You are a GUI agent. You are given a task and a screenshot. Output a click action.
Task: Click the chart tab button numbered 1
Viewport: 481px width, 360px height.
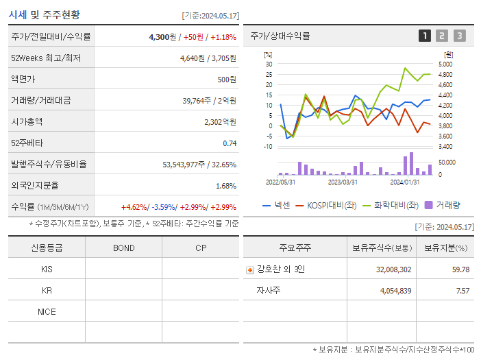[425, 36]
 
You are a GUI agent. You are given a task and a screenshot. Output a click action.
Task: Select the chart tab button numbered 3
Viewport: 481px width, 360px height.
[459, 36]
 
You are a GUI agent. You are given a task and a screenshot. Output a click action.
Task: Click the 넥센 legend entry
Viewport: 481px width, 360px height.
[277, 205]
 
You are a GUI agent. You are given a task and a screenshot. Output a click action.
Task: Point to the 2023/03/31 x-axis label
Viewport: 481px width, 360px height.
[343, 182]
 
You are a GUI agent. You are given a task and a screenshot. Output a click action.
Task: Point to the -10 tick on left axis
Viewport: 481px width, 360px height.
[269, 146]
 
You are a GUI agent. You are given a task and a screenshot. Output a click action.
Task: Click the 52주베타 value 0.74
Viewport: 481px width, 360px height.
[229, 143]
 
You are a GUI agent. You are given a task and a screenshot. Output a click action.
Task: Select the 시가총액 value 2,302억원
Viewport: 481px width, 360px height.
[220, 122]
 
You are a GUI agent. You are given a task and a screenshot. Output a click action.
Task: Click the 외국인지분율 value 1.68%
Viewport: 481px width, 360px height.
[225, 186]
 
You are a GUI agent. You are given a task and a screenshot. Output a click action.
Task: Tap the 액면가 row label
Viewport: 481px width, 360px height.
[23, 80]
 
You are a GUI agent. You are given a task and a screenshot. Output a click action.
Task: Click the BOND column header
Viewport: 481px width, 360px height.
[123, 248]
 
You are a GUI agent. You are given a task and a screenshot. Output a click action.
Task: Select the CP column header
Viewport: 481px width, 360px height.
[200, 248]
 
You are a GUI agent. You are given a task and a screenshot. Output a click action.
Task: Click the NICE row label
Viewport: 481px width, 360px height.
[47, 311]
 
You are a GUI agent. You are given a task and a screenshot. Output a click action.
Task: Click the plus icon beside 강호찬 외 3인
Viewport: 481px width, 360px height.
[249, 269]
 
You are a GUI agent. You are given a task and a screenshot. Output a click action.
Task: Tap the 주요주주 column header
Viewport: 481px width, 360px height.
[295, 248]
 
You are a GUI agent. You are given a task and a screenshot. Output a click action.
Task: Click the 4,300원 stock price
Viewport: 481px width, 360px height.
[164, 37]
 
